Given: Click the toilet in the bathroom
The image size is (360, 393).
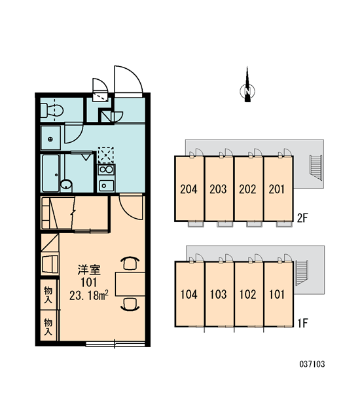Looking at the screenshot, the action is pyautogui.click(x=52, y=111).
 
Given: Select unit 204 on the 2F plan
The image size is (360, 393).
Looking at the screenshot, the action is pyautogui.click(x=189, y=189).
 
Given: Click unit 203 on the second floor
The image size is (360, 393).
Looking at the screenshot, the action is pyautogui.click(x=218, y=189).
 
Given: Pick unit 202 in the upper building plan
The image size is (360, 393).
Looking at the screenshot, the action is pyautogui.click(x=247, y=189).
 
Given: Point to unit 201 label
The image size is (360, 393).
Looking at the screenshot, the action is pyautogui.click(x=277, y=189).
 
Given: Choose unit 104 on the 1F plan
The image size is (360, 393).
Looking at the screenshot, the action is pyautogui.click(x=189, y=294).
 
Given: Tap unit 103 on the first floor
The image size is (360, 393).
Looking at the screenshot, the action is pyautogui.click(x=218, y=294).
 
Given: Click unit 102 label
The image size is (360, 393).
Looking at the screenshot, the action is pyautogui.click(x=248, y=294).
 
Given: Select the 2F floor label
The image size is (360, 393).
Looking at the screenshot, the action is pyautogui.click(x=302, y=218).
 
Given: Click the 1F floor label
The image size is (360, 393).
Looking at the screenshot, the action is pyautogui.click(x=302, y=323).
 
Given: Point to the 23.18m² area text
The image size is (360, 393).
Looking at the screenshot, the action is pyautogui.click(x=89, y=296).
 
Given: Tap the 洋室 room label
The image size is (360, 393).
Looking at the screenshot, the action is pyautogui.click(x=89, y=270).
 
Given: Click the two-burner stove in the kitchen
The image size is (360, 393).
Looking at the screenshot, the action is pyautogui.click(x=106, y=170).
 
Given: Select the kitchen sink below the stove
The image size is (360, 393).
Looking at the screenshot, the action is pyautogui.click(x=106, y=185).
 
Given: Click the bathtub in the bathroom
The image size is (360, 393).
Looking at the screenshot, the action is pyautogui.click(x=50, y=173).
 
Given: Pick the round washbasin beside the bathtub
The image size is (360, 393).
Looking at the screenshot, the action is pyautogui.click(x=66, y=185).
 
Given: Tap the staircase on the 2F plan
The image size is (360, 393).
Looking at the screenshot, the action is pyautogui.click(x=316, y=168).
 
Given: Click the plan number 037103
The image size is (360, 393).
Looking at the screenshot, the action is pyautogui.click(x=312, y=364).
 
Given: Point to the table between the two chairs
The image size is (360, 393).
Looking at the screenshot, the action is pyautogui.click(x=130, y=284).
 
